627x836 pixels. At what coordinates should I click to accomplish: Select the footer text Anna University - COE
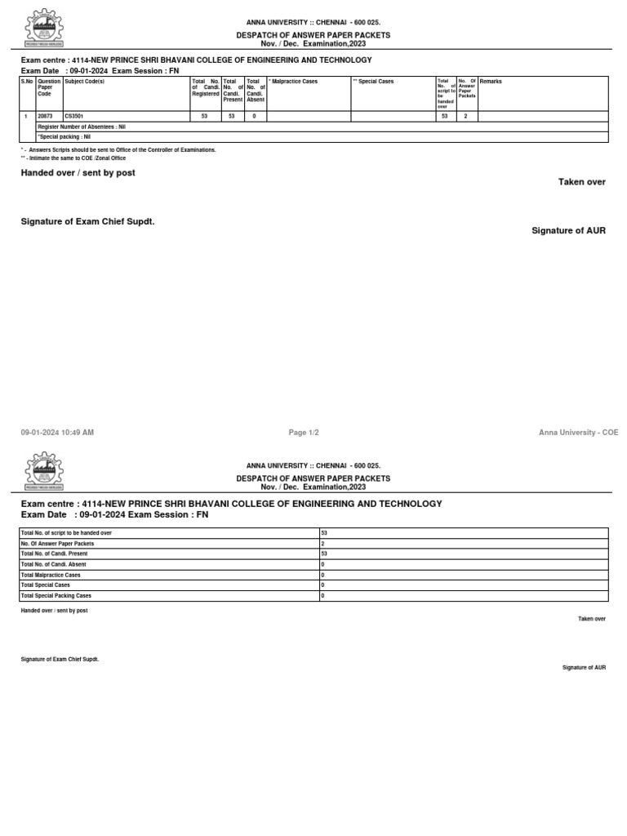578,432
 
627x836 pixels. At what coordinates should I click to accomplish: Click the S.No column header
28,82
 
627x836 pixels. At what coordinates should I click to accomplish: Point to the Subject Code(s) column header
85,82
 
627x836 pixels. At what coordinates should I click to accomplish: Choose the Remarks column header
491,82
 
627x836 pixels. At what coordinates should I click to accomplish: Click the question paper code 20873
45,117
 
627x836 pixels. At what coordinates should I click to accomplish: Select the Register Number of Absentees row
82,127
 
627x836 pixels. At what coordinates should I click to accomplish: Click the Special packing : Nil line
64,137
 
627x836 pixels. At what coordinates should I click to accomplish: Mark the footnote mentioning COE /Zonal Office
76,158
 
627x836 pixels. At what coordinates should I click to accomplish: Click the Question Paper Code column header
49,88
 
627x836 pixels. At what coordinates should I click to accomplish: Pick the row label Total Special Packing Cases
56,596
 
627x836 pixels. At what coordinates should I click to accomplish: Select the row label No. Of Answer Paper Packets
57,543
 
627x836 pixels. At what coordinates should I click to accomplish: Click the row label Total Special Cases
46,585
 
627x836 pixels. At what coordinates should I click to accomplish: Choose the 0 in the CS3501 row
255,117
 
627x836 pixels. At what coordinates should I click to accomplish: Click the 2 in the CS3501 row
465,117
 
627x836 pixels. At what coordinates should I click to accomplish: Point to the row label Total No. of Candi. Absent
54,564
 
